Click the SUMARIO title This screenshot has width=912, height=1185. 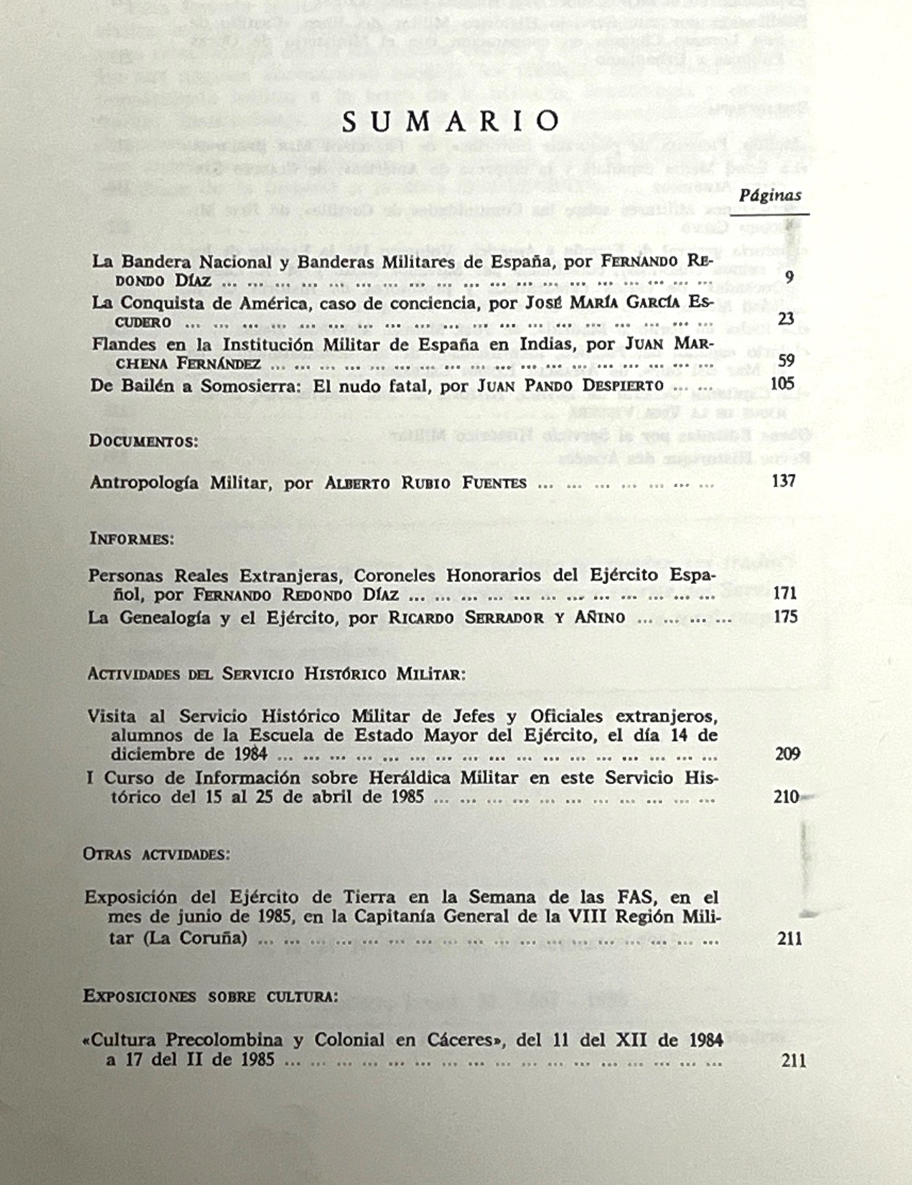click(451, 121)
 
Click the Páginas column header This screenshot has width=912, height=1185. click(770, 195)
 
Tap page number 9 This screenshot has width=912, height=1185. click(789, 277)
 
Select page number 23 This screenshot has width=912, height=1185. click(786, 318)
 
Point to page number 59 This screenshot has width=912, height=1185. click(787, 360)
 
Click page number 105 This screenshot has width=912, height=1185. click(782, 383)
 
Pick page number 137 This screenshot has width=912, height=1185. click(783, 481)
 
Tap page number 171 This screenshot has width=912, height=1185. click(785, 593)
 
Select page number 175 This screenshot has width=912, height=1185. click(785, 616)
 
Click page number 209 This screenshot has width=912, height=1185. click(787, 754)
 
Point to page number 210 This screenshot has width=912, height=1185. click(787, 797)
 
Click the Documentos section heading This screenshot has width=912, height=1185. click(144, 441)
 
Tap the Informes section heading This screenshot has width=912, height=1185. click(132, 539)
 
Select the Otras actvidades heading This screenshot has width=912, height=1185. click(157, 854)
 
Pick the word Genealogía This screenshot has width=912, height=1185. click(165, 618)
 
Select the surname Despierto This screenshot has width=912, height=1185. click(622, 386)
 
